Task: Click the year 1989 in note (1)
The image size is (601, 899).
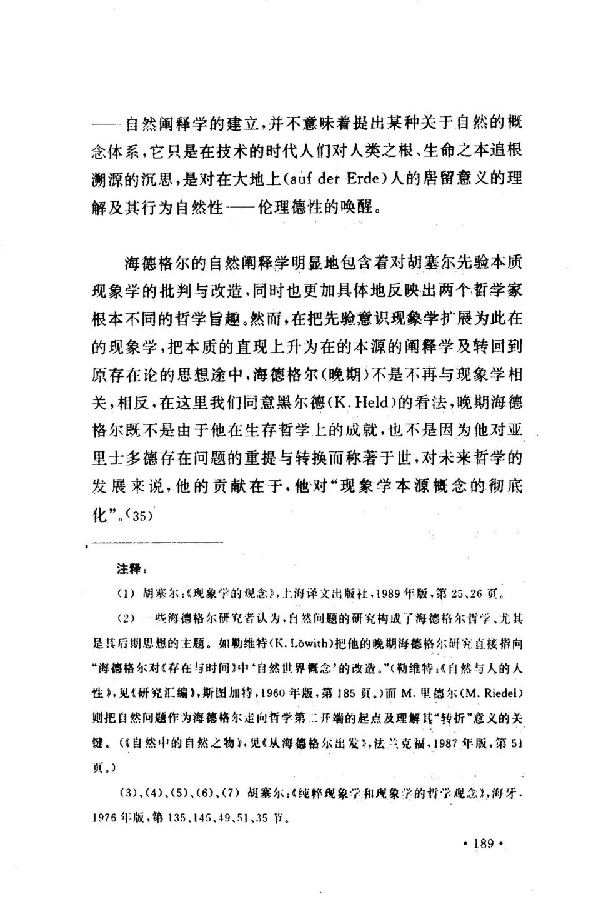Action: (368, 591)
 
